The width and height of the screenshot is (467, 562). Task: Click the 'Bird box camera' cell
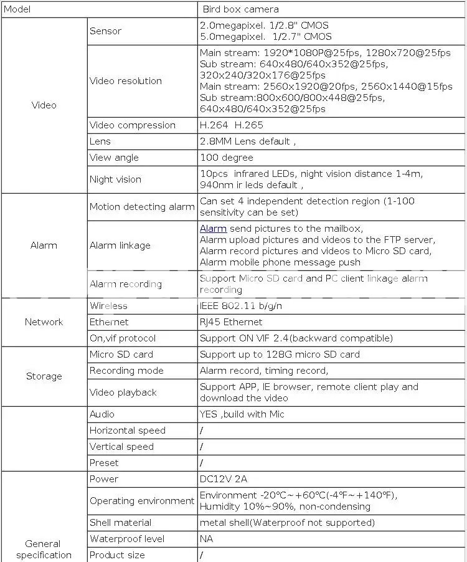pos(240,9)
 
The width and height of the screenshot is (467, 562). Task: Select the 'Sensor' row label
pos(105,31)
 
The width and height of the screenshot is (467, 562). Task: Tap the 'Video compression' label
pos(132,125)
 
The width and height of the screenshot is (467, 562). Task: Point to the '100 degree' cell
pos(226,158)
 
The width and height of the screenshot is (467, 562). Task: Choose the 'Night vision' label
pos(115,179)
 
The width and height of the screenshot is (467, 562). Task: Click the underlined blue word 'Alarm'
pos(213,229)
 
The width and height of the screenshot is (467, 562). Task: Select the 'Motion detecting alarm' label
pos(142,207)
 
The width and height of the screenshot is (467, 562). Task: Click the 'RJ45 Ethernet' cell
pos(231,322)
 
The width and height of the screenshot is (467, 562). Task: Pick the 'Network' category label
pos(44,322)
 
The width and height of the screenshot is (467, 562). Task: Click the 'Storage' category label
pos(44,376)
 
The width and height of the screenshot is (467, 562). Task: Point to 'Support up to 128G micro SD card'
pos(280,355)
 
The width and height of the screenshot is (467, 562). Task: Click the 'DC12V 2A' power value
pos(224,479)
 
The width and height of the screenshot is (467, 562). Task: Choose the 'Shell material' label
pos(120,523)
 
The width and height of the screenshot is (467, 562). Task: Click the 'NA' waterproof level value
pos(206,539)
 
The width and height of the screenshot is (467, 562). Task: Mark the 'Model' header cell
pos(17,9)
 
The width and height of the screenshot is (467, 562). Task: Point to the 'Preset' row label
pos(103,463)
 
